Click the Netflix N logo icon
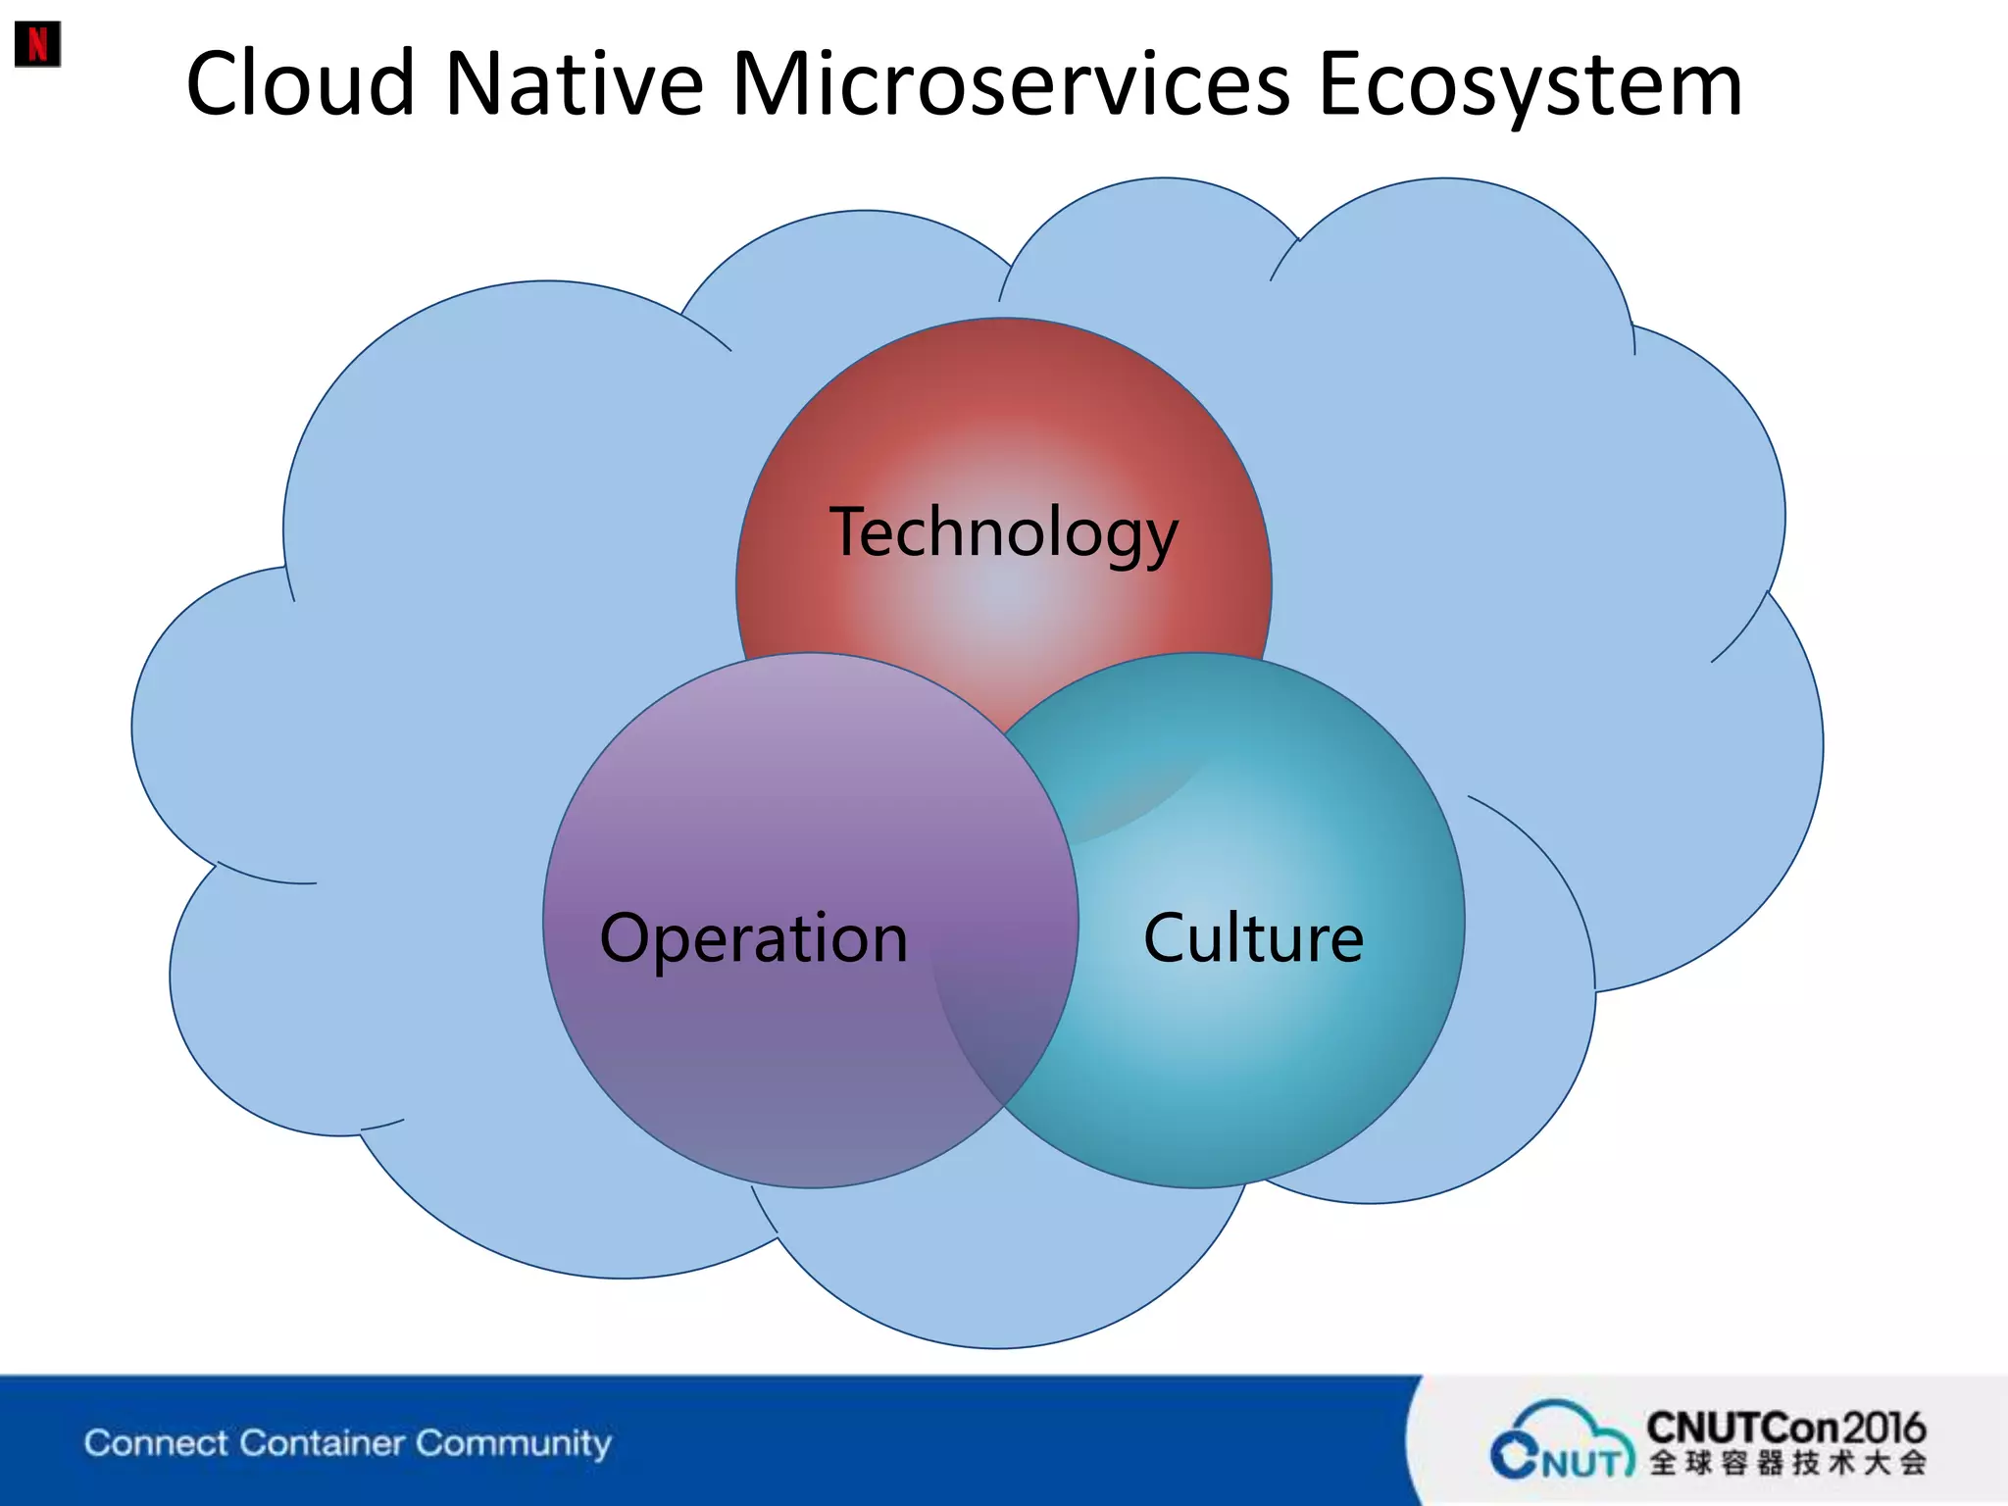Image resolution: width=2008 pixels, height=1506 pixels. (37, 44)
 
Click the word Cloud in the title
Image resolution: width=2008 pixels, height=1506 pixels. (300, 84)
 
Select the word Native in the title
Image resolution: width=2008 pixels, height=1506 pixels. (574, 84)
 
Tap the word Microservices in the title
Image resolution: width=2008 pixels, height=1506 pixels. (1011, 84)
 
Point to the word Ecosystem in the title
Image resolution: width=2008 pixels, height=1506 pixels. (1530, 86)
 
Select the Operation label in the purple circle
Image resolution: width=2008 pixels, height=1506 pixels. (753, 938)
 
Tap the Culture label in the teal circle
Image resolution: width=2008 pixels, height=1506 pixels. (1252, 938)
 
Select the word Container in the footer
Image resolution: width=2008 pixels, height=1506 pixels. (322, 1443)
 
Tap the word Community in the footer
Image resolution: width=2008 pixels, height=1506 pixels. (513, 1443)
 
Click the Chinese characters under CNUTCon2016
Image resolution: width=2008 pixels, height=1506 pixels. (1786, 1463)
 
